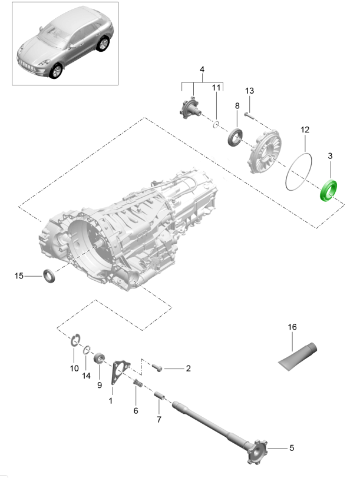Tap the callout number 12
tap(305, 129)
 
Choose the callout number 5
tap(291, 448)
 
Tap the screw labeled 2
tap(158, 367)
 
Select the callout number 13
tap(249, 91)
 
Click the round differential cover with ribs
tap(266, 152)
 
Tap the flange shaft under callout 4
tap(191, 108)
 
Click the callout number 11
tap(216, 88)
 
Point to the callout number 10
tap(74, 369)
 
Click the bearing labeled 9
tap(100, 358)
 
